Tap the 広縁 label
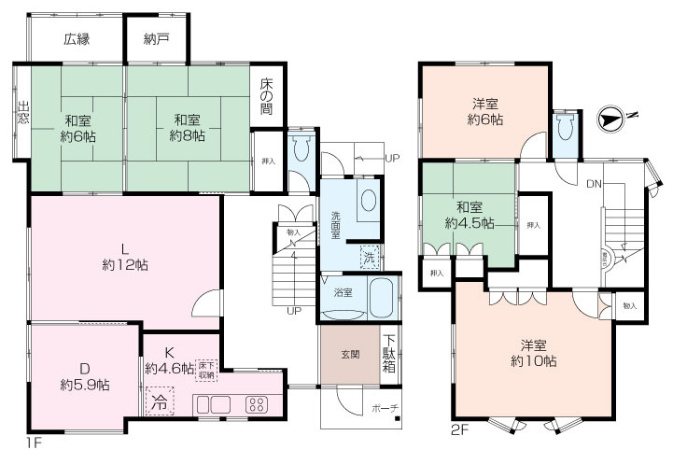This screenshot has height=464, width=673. (x=77, y=39)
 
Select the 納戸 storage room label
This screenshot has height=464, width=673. (x=157, y=39)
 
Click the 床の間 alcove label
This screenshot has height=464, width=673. (x=266, y=96)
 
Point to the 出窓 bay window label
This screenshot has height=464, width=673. (x=23, y=115)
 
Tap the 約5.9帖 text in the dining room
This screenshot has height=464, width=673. (x=85, y=384)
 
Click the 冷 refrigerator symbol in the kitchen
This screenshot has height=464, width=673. (x=160, y=403)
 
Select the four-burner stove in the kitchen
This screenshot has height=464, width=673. (x=256, y=404)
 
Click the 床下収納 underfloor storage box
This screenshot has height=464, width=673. (x=206, y=369)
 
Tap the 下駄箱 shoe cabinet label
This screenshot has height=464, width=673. (x=389, y=354)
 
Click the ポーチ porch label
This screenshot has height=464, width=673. (x=386, y=408)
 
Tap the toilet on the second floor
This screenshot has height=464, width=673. (x=563, y=133)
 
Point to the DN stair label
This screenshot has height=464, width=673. (x=594, y=184)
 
